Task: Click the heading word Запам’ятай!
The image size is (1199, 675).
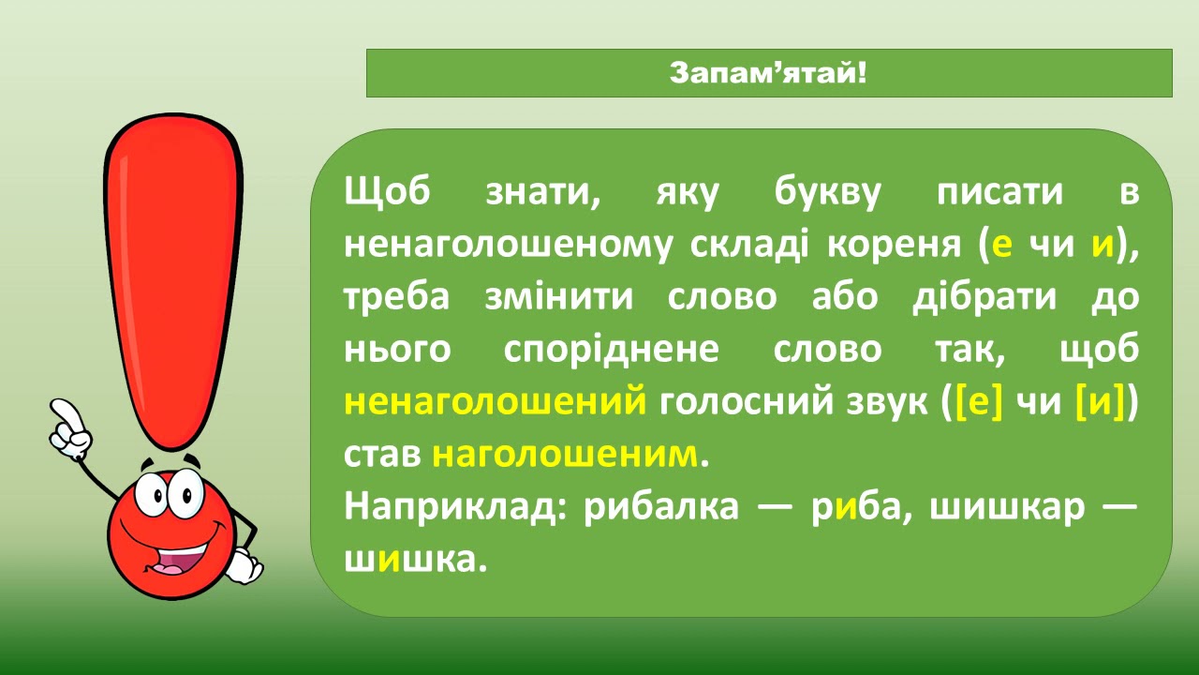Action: click(767, 73)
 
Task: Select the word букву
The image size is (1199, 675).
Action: click(827, 192)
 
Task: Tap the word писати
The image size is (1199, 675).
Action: click(999, 192)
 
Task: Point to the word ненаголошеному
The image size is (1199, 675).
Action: click(508, 245)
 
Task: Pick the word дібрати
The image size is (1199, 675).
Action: click(984, 297)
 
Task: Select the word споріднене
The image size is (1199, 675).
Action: click(612, 351)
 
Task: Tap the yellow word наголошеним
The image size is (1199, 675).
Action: click(565, 455)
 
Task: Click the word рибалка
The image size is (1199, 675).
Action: click(661, 507)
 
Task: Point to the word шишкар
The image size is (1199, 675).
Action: click(1007, 508)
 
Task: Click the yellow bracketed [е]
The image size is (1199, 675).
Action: click(979, 402)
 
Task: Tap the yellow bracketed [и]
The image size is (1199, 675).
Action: click(1100, 402)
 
